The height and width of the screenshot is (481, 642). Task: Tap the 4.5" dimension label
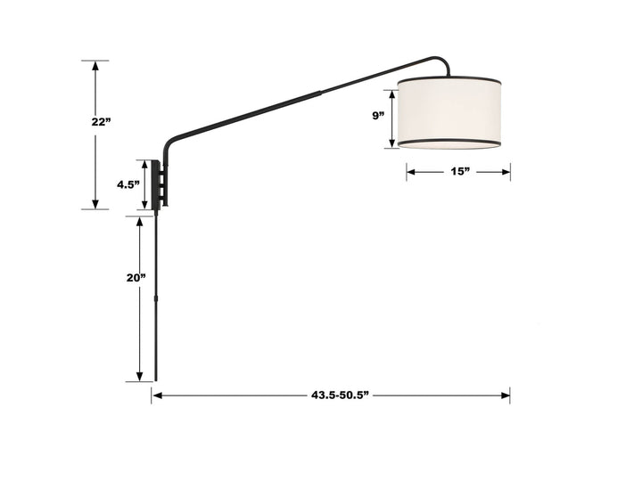128,185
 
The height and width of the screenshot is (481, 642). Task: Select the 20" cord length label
136,277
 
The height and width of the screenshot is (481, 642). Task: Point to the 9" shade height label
379,116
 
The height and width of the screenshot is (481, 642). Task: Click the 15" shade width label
459,172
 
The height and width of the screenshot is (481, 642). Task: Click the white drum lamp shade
451,111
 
